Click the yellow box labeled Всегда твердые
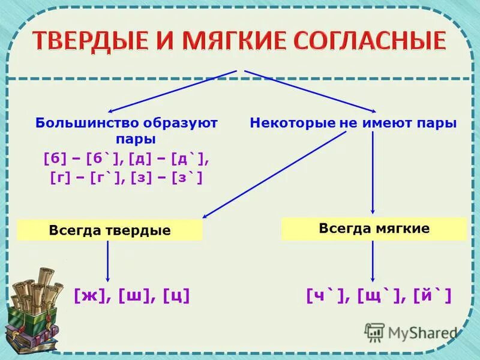click(x=110, y=230)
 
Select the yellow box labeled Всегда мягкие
click(x=374, y=229)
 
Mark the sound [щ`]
click(x=378, y=295)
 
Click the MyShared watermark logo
click(x=410, y=332)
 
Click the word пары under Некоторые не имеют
click(x=440, y=123)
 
